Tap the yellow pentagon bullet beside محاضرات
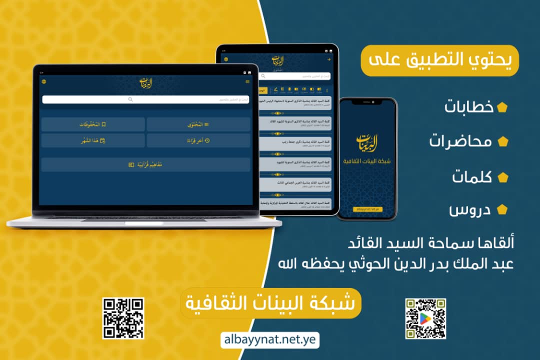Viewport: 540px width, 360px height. [x=502, y=142]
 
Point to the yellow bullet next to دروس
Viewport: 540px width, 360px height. [x=502, y=210]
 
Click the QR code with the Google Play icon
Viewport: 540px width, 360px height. [x=425, y=318]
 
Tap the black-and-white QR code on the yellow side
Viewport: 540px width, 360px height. [x=123, y=318]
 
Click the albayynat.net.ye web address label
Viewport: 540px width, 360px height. [x=269, y=340]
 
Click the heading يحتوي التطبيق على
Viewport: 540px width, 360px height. [x=440, y=60]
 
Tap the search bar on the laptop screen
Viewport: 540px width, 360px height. [x=145, y=99]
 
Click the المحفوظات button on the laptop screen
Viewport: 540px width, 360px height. [x=93, y=124]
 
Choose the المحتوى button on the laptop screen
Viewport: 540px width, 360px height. [x=198, y=124]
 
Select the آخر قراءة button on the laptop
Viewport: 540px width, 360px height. [x=198, y=140]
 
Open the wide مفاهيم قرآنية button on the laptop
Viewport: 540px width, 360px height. [x=145, y=164]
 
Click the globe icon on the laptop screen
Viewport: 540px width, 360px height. [x=44, y=81]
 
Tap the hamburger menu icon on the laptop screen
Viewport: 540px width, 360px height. [x=247, y=81]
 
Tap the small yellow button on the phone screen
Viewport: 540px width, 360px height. [x=367, y=208]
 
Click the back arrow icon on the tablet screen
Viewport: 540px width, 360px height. [x=329, y=59]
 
